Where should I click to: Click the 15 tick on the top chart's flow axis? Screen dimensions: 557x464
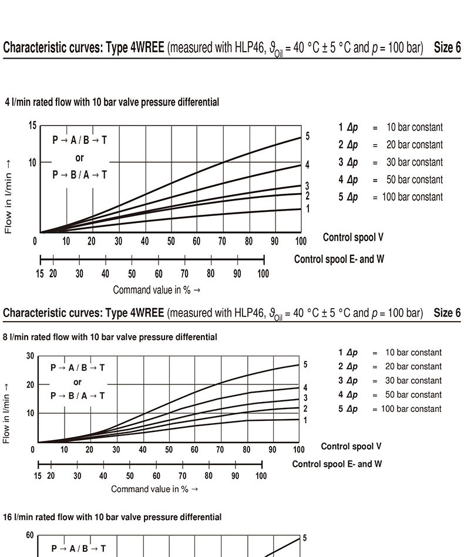[x=32, y=126]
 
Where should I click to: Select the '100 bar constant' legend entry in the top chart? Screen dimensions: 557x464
[x=412, y=197]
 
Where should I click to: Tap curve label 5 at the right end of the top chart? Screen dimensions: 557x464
[x=307, y=136]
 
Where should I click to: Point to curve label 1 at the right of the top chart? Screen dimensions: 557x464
[x=307, y=208]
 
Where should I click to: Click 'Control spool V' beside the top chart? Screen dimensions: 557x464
[x=353, y=237]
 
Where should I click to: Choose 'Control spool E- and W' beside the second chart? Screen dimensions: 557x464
[x=337, y=464]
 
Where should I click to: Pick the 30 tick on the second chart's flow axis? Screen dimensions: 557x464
[x=30, y=356]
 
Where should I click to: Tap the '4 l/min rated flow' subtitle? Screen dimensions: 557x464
[x=112, y=102]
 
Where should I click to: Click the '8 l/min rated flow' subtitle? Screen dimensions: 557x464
[x=110, y=337]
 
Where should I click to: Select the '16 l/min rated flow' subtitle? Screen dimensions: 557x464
[x=112, y=517]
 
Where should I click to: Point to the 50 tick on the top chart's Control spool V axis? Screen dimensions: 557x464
[x=171, y=241]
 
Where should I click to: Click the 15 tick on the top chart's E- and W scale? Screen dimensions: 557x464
[x=40, y=274]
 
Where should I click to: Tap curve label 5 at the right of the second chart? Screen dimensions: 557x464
[x=305, y=364]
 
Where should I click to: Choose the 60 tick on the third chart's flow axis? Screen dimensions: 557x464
[x=30, y=535]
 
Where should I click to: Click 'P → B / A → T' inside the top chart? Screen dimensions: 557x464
[x=80, y=175]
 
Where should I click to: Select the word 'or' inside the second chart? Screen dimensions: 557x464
[x=78, y=382]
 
